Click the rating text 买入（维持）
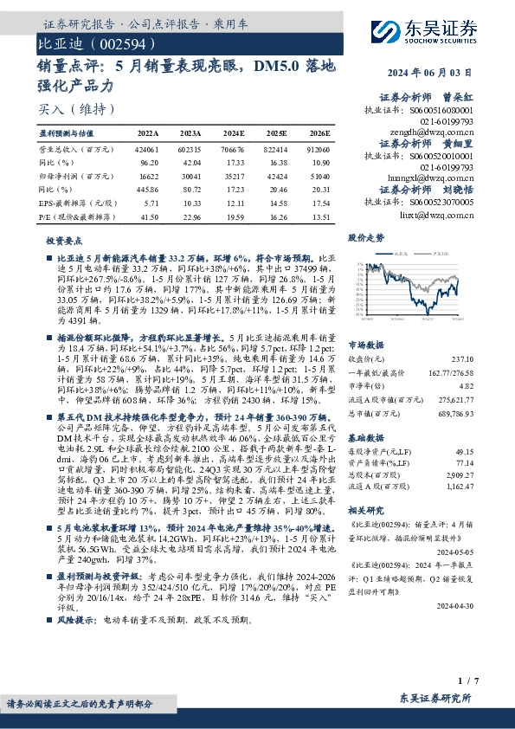pyautogui.click(x=77, y=109)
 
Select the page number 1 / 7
pyautogui.click(x=468, y=683)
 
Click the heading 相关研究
pyautogui.click(x=367, y=510)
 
